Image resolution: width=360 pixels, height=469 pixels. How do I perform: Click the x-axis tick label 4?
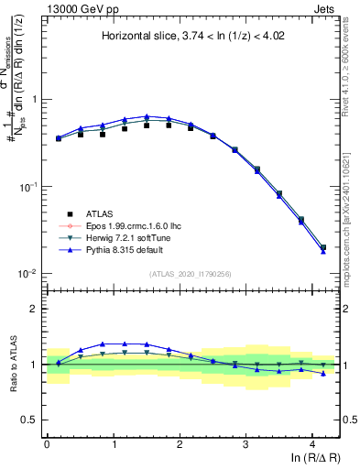point(312,442)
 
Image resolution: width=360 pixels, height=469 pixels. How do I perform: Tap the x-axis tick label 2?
point(180,442)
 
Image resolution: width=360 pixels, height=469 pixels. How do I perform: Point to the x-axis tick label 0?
point(47,442)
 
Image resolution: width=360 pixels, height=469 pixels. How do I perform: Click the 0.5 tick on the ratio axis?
point(28,420)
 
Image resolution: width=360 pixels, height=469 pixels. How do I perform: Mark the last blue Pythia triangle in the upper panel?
point(322,251)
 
